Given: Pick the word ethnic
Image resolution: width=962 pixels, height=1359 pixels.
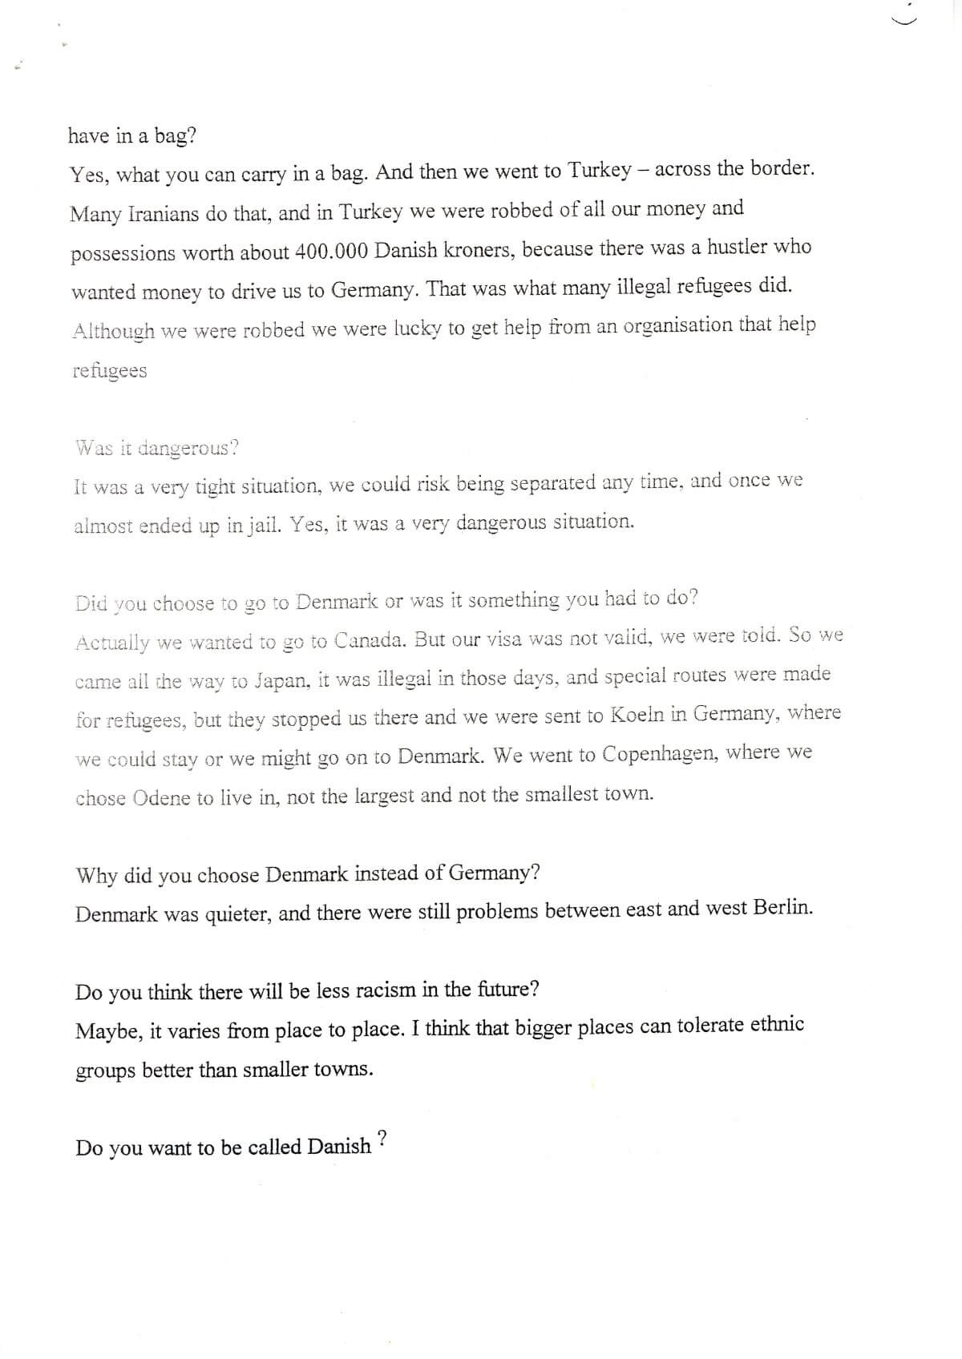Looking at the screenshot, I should tap(776, 1025).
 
